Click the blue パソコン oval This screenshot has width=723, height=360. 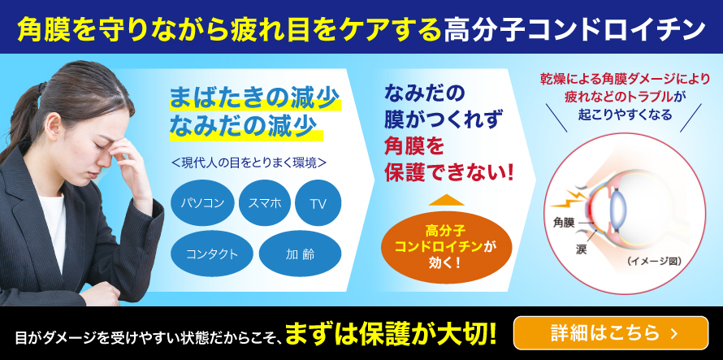pyautogui.click(x=201, y=203)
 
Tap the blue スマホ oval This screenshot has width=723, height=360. pyautogui.click(x=265, y=203)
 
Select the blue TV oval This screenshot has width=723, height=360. pyautogui.click(x=318, y=203)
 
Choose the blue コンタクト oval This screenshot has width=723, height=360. pyautogui.click(x=211, y=254)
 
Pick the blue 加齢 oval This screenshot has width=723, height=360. pyautogui.click(x=300, y=254)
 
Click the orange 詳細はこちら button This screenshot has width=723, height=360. pyautogui.click(x=611, y=332)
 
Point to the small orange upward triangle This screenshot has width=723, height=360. pyautogui.click(x=446, y=200)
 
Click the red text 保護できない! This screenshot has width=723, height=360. pyautogui.click(x=448, y=172)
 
